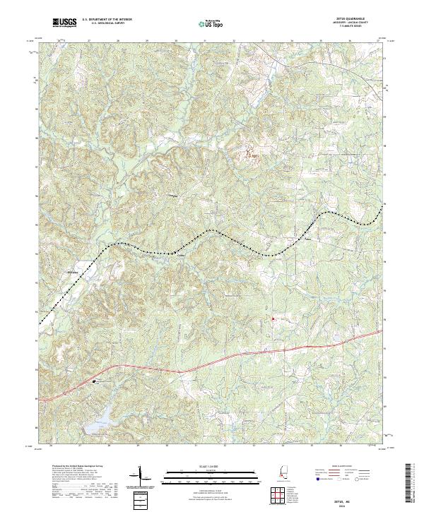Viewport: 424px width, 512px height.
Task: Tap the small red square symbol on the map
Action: point(273,319)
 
